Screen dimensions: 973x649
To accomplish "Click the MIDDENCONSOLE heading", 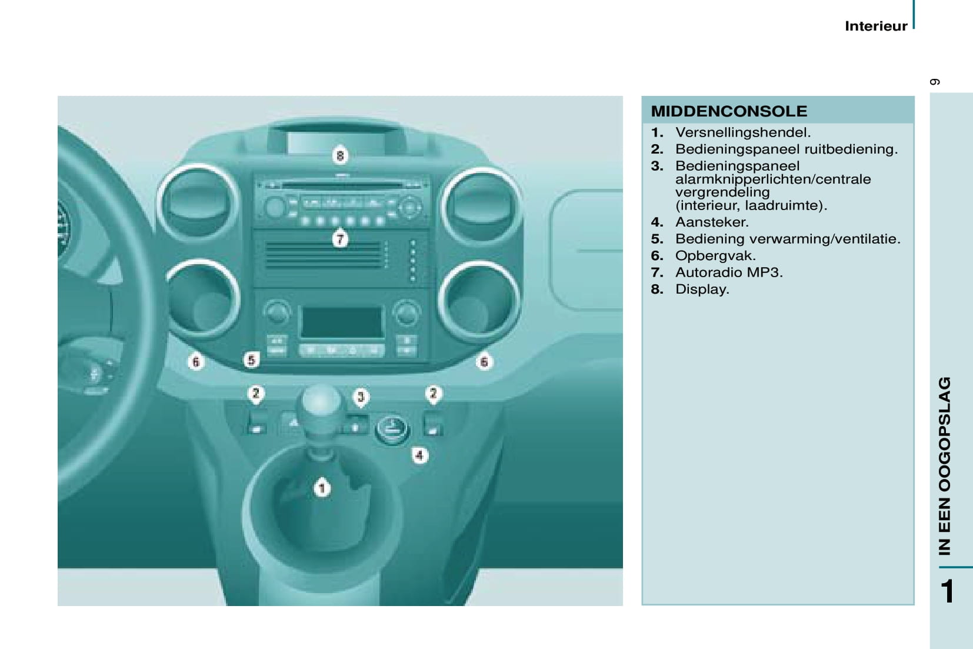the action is [x=728, y=111].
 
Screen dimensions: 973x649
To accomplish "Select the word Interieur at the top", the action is [x=876, y=26].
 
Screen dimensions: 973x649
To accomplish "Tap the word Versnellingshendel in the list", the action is [x=743, y=132].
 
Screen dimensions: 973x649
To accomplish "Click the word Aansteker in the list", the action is [x=712, y=222].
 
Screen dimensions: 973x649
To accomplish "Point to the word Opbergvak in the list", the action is [x=715, y=256].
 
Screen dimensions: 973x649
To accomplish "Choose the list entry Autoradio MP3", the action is [x=729, y=272].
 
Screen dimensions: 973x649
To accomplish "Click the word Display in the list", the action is [x=702, y=289].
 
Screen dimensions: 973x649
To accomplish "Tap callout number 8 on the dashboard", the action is [x=340, y=155].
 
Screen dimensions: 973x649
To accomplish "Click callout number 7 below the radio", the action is [x=340, y=239].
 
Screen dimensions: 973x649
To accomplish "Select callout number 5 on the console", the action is [x=251, y=360].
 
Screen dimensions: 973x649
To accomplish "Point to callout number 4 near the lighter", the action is [x=419, y=455].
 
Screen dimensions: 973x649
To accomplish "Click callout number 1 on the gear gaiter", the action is [x=322, y=488].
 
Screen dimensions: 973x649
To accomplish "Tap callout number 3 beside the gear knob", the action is [x=361, y=397].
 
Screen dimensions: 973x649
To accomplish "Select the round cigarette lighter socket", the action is [x=391, y=429].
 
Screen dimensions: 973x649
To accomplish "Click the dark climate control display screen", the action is [x=342, y=322].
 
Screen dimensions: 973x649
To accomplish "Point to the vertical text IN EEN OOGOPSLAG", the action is [x=944, y=465].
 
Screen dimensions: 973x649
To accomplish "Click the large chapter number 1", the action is [x=949, y=591].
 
